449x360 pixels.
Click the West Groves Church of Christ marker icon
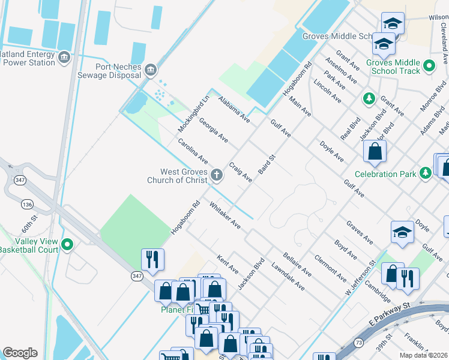click(217, 175)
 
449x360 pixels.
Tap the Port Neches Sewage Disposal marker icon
click(151, 70)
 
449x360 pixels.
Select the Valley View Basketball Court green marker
click(68, 245)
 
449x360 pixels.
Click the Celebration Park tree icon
click(426, 173)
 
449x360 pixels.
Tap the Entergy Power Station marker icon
click(64, 58)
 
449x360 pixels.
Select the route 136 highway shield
click(26, 205)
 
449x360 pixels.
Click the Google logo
click(20, 352)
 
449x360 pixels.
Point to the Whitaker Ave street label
click(225, 215)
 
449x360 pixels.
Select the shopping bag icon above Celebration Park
click(375, 152)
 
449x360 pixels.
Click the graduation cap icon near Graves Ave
click(402, 232)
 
